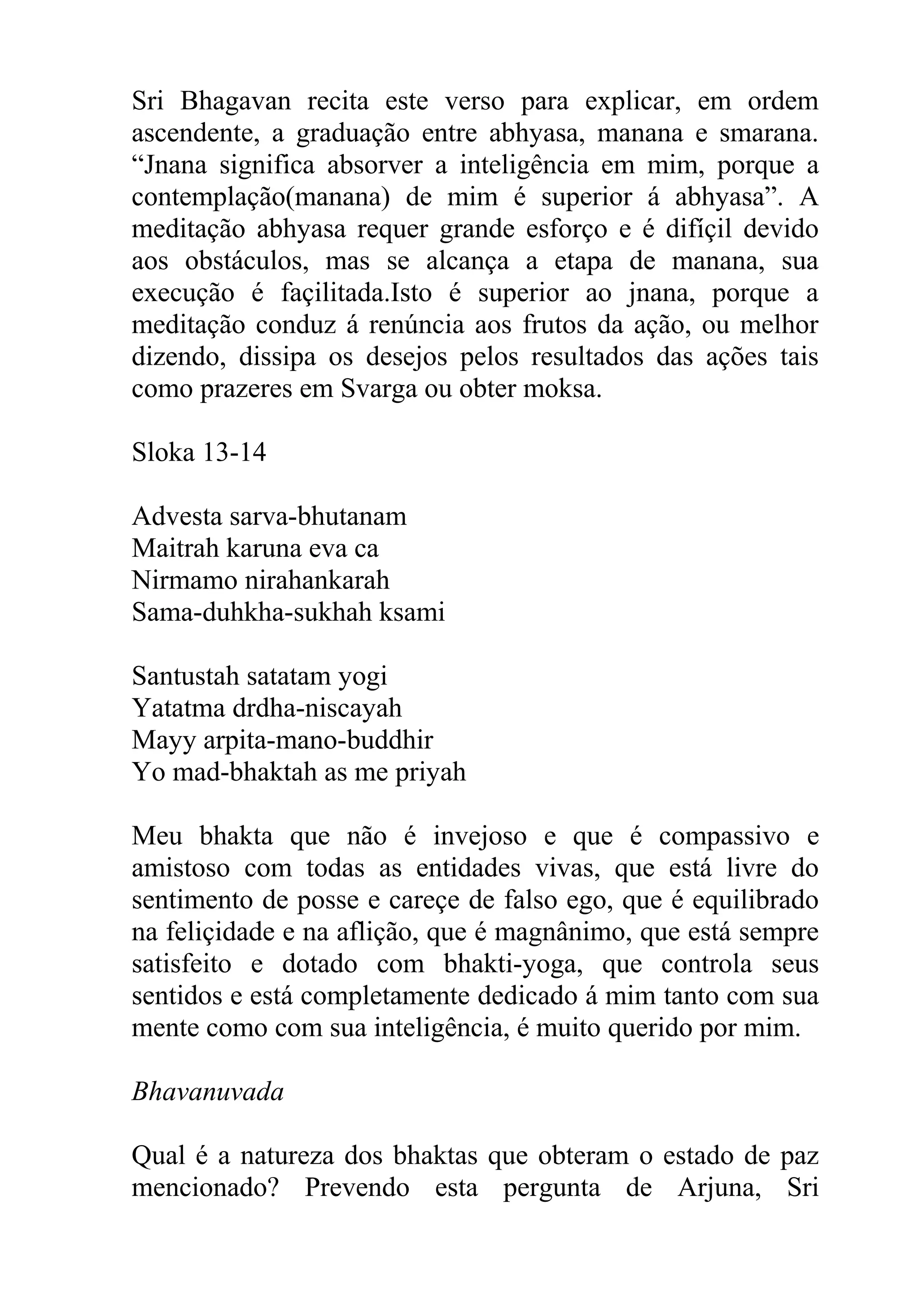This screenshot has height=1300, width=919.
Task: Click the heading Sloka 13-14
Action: click(199, 453)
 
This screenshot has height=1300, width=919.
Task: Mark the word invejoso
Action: click(480, 836)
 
